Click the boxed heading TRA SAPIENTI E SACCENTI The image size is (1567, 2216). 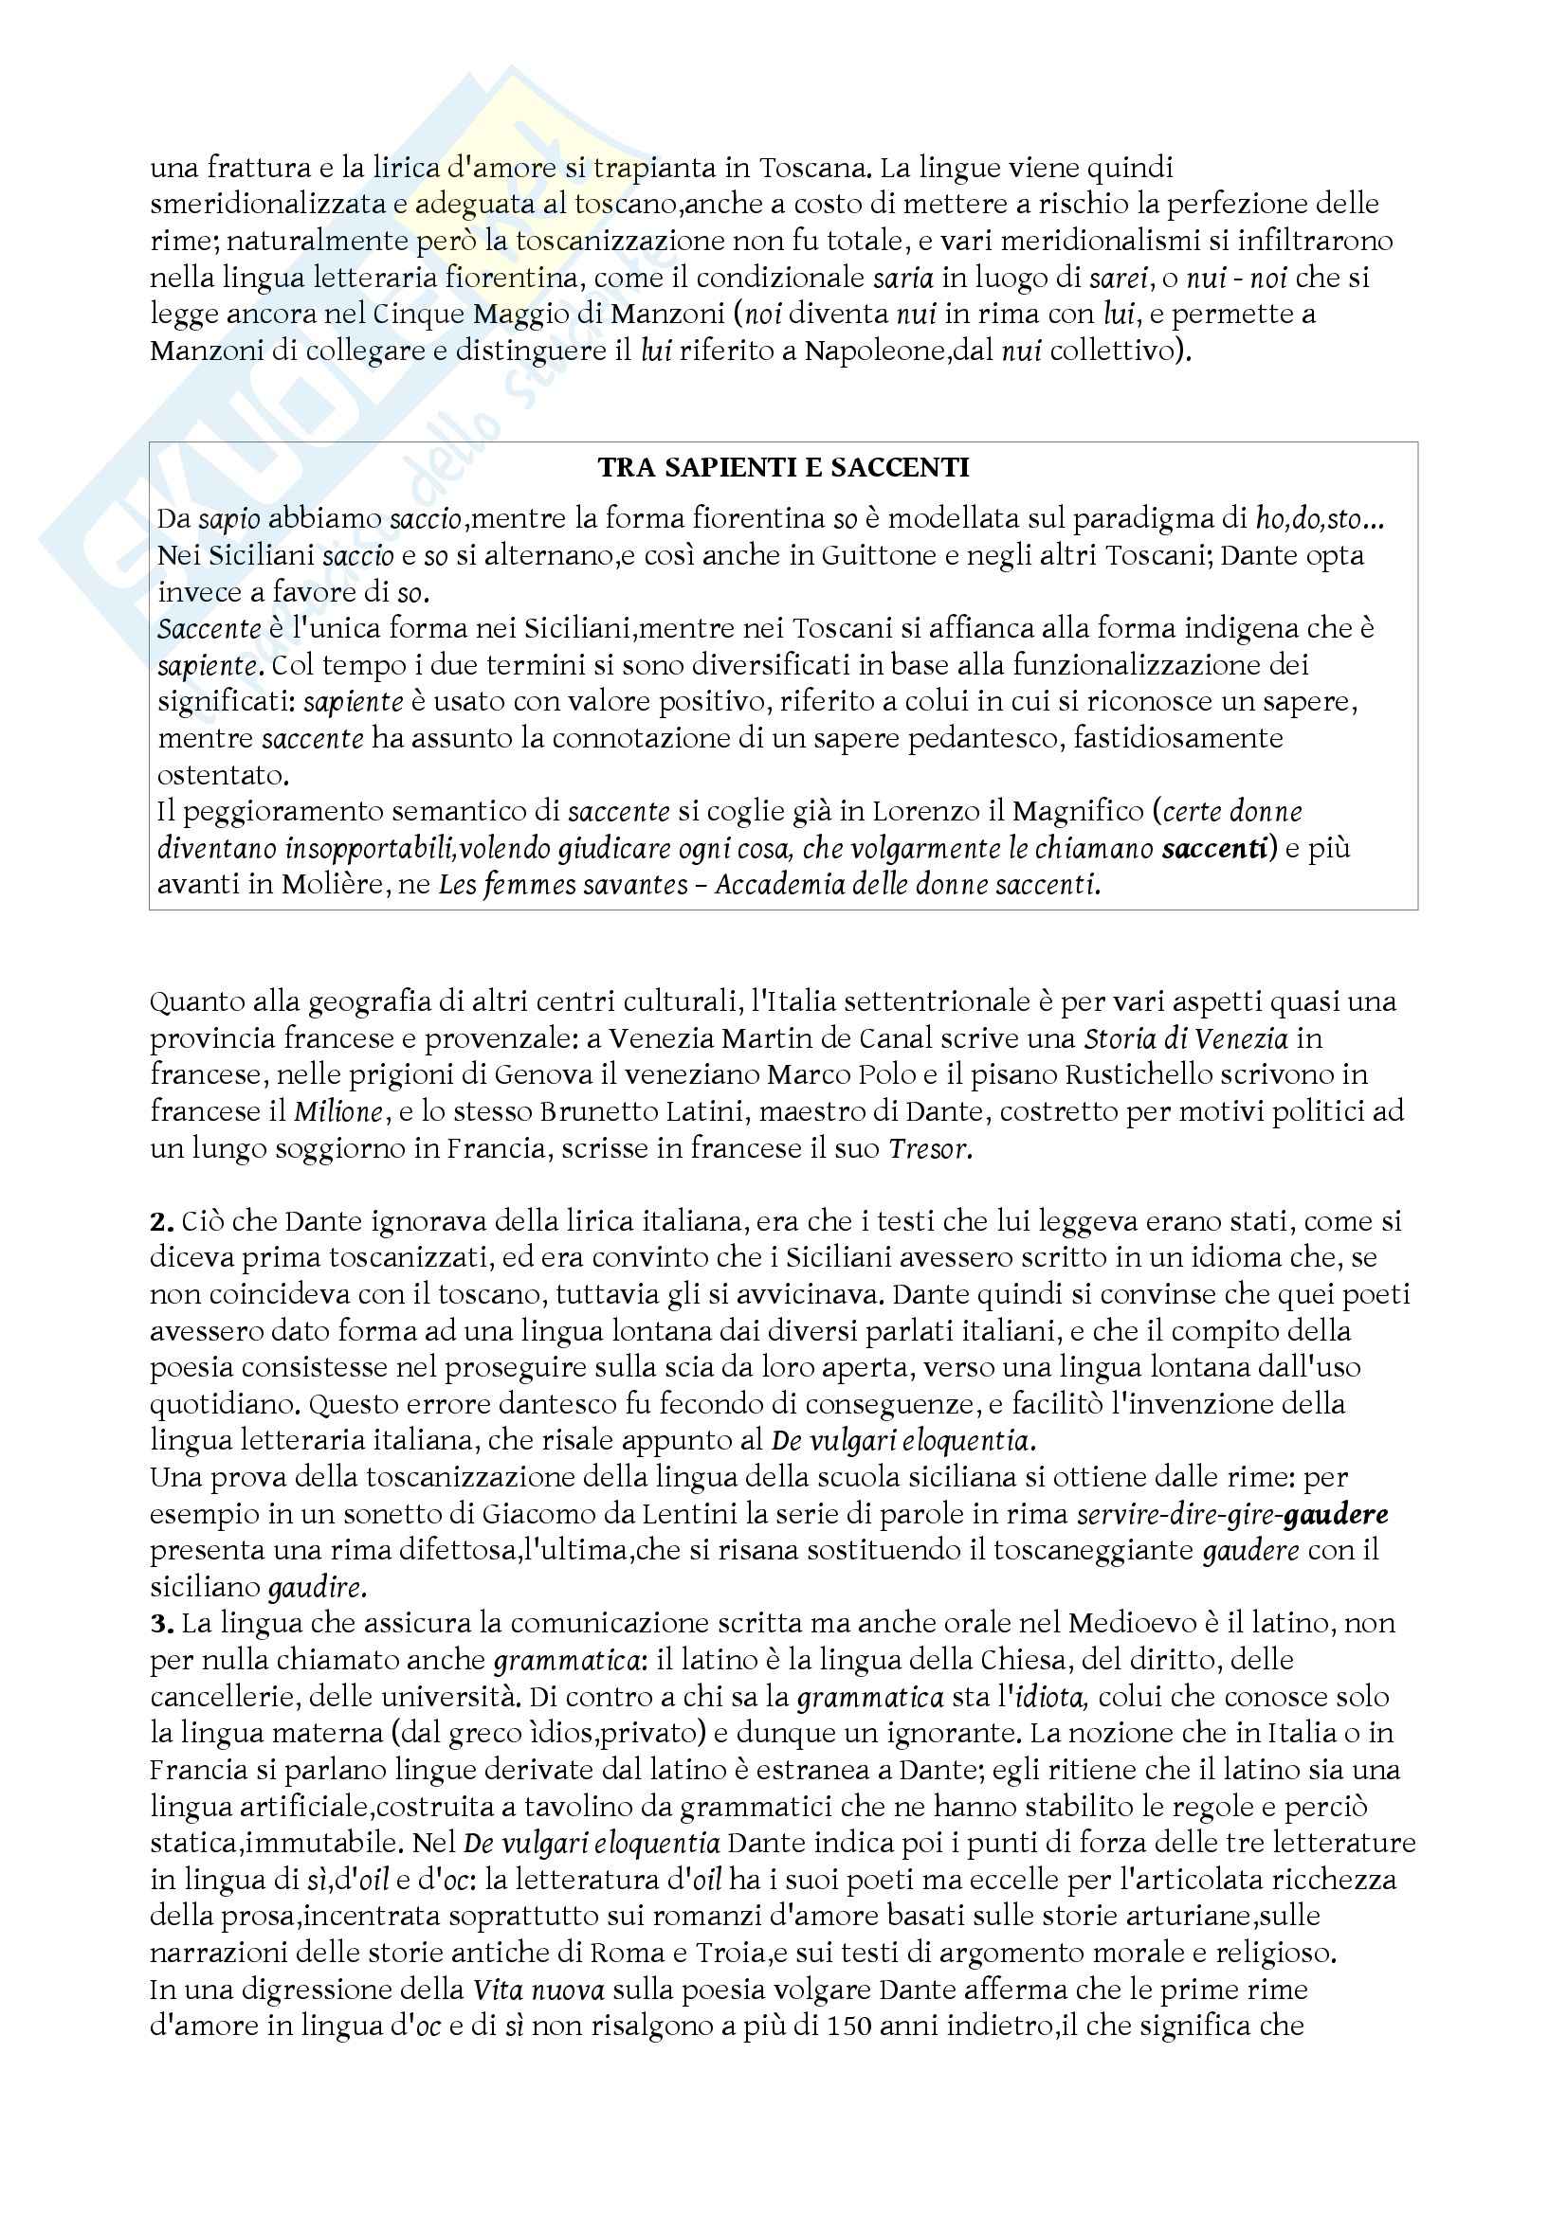click(783, 468)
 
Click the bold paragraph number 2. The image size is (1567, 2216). click(160, 1222)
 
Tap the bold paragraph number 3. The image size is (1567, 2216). click(160, 1624)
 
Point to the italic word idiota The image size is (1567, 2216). click(1057, 1697)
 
